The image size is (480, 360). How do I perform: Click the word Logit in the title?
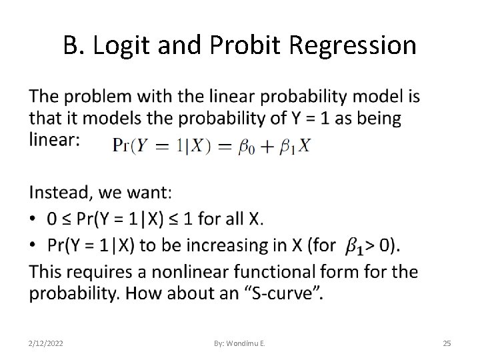pyautogui.click(x=117, y=45)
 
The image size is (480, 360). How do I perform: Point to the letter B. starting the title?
pyautogui.click(x=73, y=45)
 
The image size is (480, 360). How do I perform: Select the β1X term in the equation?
pyautogui.click(x=297, y=146)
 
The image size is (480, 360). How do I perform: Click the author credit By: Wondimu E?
pyautogui.click(x=240, y=343)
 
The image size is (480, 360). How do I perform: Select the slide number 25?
pyautogui.click(x=447, y=343)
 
